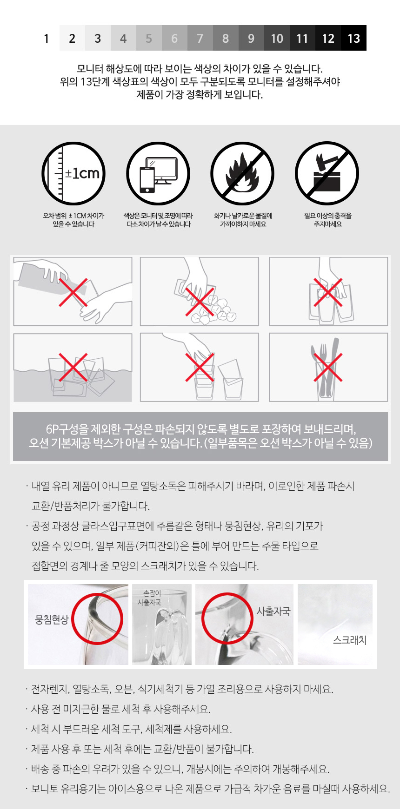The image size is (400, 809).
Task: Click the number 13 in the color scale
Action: tap(353, 38)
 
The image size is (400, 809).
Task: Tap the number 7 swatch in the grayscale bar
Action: tap(200, 38)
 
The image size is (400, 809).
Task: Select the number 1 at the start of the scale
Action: tap(47, 38)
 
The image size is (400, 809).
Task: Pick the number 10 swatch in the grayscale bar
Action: tap(277, 38)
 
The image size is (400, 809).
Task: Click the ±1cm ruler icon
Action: tap(73, 173)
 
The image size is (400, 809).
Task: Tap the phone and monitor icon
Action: tap(158, 173)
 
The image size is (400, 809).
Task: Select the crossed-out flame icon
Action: tap(242, 173)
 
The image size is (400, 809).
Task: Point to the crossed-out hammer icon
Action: tap(327, 173)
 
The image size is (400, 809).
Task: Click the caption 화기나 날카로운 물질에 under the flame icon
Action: tap(243, 216)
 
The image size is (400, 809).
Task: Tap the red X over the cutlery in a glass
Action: tap(328, 367)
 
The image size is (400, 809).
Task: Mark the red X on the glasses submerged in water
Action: tap(73, 367)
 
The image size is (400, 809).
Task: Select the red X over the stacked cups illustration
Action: tap(200, 367)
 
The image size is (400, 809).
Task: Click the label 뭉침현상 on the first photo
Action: tap(52, 619)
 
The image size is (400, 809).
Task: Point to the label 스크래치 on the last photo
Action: tap(350, 640)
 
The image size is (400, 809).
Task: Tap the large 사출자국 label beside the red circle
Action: tap(273, 611)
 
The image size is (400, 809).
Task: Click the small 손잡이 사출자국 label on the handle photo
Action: tap(149, 598)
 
